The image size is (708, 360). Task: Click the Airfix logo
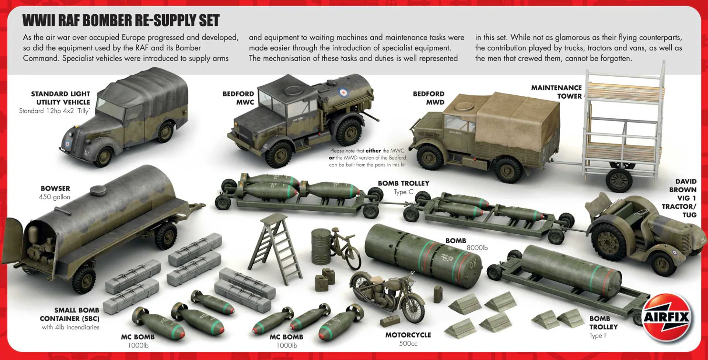pos(667,317)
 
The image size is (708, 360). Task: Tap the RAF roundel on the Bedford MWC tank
pos(343,93)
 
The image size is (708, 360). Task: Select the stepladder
pos(274,248)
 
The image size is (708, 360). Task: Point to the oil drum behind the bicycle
pos(321,247)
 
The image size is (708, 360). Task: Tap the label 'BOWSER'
pos(55,188)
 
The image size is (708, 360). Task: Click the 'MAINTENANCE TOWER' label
pos(556,92)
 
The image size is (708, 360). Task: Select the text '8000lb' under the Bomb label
pos(477,248)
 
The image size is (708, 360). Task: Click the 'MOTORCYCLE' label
pos(408,335)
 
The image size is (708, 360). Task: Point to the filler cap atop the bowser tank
pos(98,190)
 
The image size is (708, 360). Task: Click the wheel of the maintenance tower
pos(619,180)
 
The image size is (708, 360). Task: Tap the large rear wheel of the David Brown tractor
pos(608,242)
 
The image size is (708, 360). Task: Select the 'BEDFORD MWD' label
pos(428,98)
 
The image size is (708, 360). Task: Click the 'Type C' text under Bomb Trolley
pos(403,192)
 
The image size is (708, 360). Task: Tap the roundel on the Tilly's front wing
pos(67,144)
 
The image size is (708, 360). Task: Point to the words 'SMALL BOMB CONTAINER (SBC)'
pos(70,314)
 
